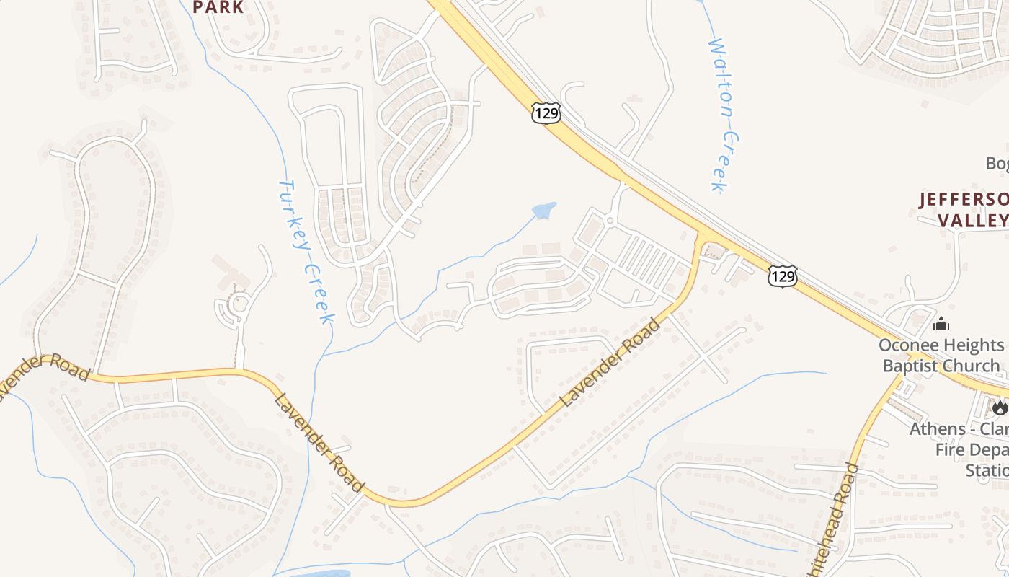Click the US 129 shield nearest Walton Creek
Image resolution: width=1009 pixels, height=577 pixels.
coord(546,113)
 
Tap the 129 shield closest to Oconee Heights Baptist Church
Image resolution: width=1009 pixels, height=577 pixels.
coord(782,275)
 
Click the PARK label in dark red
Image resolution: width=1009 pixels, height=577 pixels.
coord(218,7)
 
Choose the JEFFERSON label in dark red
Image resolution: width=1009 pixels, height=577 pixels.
coord(963,199)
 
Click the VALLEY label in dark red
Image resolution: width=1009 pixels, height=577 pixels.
coord(973,220)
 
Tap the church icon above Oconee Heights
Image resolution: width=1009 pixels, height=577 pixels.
coord(941,324)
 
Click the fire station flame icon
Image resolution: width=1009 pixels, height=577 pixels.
coord(999,408)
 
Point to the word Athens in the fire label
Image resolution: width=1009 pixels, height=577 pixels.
coord(937,428)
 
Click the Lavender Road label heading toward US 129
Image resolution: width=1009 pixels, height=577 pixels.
coord(610,362)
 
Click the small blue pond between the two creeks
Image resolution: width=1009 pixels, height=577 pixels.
coord(544,209)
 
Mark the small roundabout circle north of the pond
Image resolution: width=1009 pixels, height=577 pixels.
coord(610,220)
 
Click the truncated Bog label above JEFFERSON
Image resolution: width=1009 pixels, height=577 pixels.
coord(997,164)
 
